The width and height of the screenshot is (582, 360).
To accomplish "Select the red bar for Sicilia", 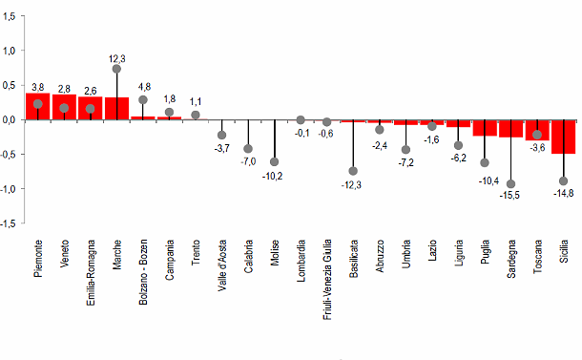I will (563, 137).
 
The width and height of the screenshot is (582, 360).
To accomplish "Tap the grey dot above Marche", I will (116, 69).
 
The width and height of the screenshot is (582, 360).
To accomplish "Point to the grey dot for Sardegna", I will (510, 183).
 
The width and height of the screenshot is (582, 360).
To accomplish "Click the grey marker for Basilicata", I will (353, 171).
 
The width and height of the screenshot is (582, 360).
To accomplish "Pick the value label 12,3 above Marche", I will (117, 58).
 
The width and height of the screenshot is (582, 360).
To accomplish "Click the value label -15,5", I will (511, 195).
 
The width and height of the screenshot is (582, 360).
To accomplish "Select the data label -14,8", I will (563, 193).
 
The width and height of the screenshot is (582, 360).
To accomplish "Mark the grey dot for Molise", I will (274, 161).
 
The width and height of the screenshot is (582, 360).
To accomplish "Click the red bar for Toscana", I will (537, 130).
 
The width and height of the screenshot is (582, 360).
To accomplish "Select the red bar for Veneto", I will (64, 107).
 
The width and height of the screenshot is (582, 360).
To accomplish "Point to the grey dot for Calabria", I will (248, 149).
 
